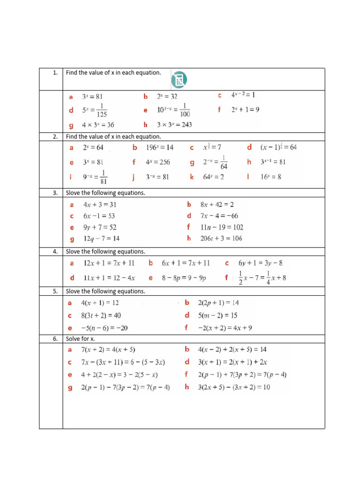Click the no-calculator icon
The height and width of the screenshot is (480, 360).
pyautogui.click(x=178, y=80)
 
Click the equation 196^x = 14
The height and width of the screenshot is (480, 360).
pyautogui.click(x=159, y=147)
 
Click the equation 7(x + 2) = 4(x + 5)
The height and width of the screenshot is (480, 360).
pyautogui.click(x=108, y=350)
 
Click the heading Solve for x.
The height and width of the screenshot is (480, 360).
pyautogui.click(x=81, y=338)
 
